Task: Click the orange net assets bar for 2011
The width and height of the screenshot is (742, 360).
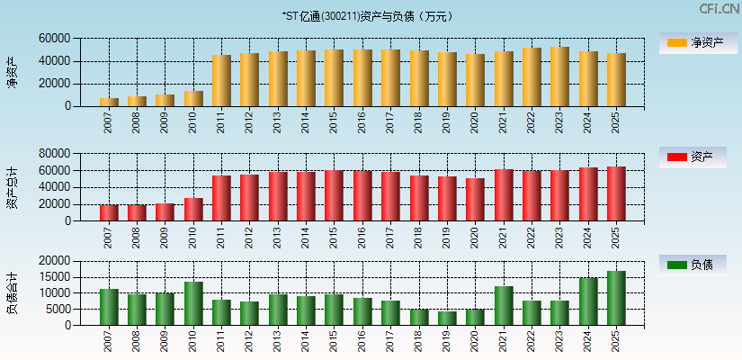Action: click(x=221, y=81)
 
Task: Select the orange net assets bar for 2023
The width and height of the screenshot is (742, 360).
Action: click(x=559, y=76)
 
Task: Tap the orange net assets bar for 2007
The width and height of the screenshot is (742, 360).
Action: click(x=109, y=102)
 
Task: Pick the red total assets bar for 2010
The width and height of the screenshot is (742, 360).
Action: click(x=193, y=210)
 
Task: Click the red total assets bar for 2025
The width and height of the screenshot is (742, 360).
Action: click(x=616, y=193)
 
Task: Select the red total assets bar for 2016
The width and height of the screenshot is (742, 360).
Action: click(x=362, y=195)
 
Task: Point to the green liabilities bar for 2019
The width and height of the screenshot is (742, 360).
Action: click(x=447, y=318)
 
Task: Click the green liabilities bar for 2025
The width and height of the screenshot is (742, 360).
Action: click(x=616, y=298)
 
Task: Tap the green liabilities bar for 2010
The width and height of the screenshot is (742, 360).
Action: click(x=193, y=303)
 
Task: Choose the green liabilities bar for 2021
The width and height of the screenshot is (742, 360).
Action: click(x=504, y=306)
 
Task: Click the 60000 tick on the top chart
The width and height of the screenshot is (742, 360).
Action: click(x=55, y=39)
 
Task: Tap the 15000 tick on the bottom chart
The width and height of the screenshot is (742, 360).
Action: click(x=55, y=277)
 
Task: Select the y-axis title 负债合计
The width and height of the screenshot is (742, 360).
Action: click(x=12, y=292)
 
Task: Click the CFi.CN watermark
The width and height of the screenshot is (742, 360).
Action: click(x=720, y=8)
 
